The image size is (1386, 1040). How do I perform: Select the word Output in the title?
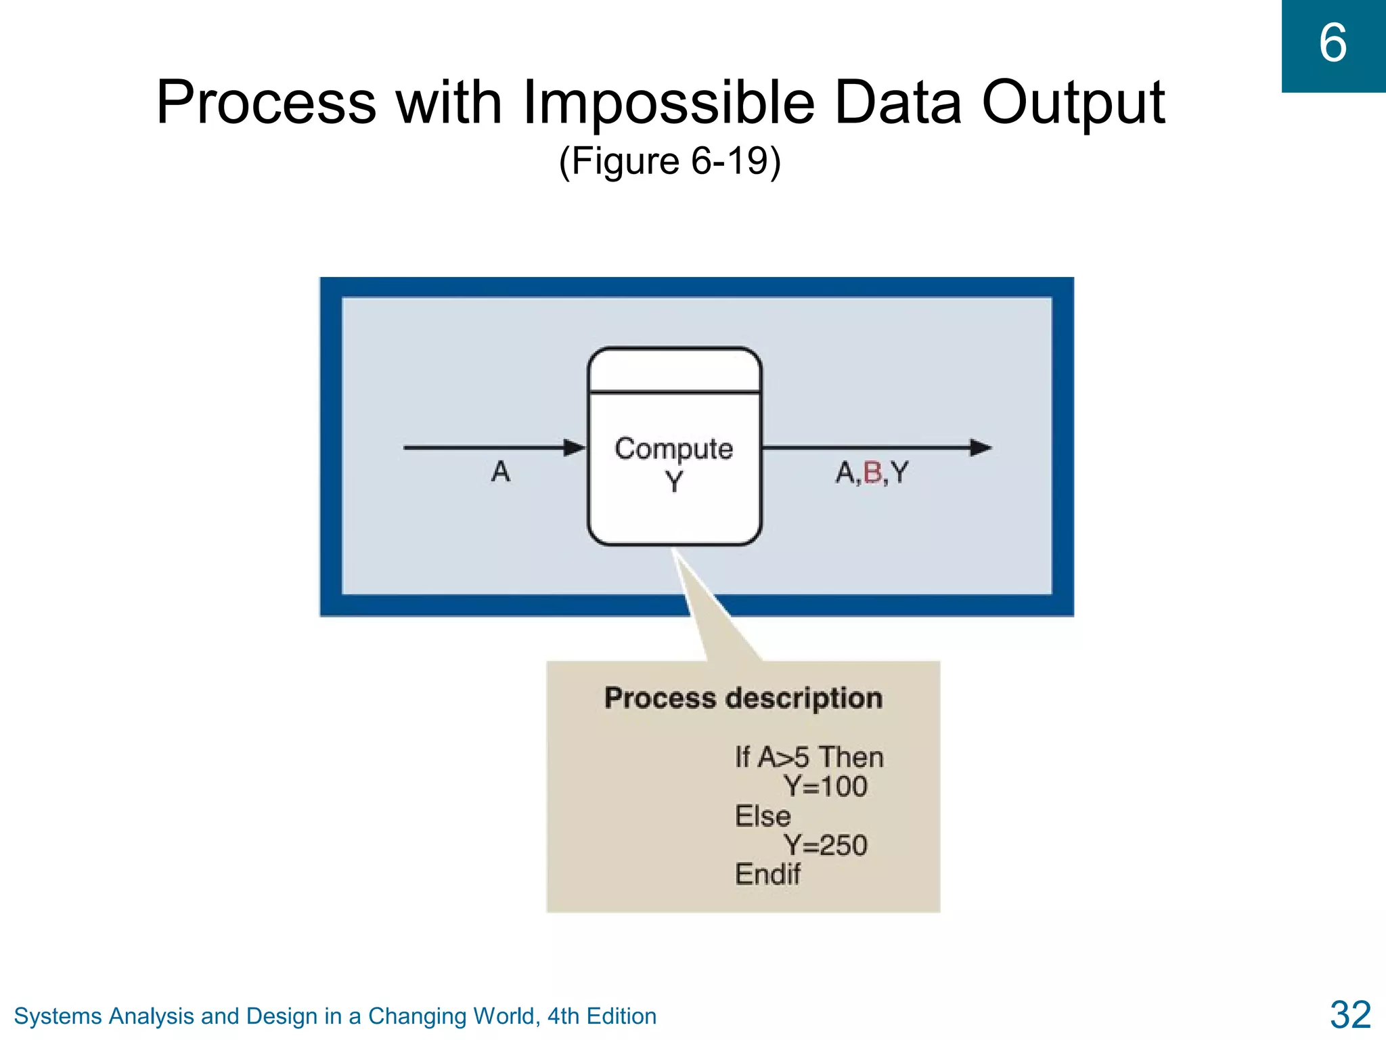pyautogui.click(x=1073, y=103)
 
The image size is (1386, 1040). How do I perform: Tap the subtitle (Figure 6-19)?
pyautogui.click(x=669, y=162)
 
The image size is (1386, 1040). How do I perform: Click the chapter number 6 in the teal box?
pyautogui.click(x=1333, y=43)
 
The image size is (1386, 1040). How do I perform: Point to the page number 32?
pyautogui.click(x=1350, y=1015)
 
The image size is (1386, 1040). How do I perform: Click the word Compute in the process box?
pyautogui.click(x=673, y=449)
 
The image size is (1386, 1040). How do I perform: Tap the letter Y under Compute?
pyautogui.click(x=674, y=482)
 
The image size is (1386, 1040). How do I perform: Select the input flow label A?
pyautogui.click(x=501, y=471)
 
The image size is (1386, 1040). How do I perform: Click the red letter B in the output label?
pyautogui.click(x=873, y=473)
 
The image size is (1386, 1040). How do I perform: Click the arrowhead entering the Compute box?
pyautogui.click(x=575, y=448)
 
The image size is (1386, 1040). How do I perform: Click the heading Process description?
pyautogui.click(x=743, y=698)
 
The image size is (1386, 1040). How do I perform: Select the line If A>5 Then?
pyautogui.click(x=809, y=757)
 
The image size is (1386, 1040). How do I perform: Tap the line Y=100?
pyautogui.click(x=825, y=787)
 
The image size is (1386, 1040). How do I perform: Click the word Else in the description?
pyautogui.click(x=763, y=816)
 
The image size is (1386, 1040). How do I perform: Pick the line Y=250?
pyautogui.click(x=825, y=846)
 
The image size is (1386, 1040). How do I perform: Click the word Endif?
pyautogui.click(x=767, y=874)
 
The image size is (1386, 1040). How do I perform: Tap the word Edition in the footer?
pyautogui.click(x=621, y=1016)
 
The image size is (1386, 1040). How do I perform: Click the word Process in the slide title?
pyautogui.click(x=266, y=103)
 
